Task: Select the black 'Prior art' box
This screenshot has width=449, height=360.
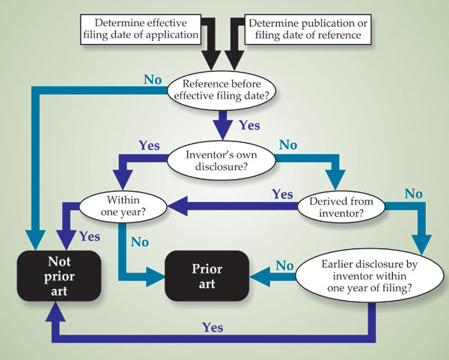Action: pyautogui.click(x=207, y=275)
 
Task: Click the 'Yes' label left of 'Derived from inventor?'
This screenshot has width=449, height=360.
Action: pyautogui.click(x=281, y=194)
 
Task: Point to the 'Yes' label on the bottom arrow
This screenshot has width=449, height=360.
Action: pyautogui.click(x=213, y=326)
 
